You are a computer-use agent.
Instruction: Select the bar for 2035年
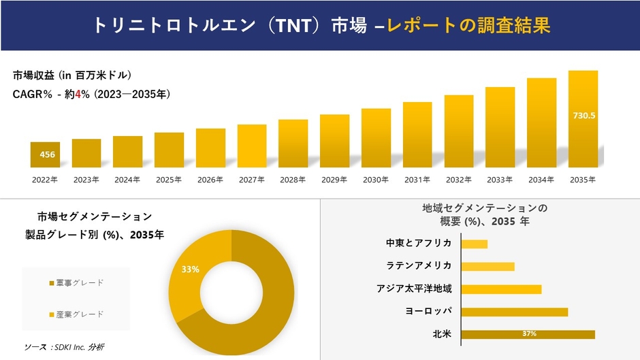(583, 119)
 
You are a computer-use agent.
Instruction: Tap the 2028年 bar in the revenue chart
(293, 144)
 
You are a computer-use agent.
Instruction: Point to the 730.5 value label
(583, 116)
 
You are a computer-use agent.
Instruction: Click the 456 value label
(48, 155)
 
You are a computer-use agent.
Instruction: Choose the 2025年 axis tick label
(169, 180)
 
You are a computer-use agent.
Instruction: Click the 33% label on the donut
(190, 269)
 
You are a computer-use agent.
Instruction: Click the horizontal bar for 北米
(528, 334)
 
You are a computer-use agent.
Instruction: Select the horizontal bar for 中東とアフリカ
(475, 244)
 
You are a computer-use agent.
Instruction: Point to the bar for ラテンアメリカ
(487, 266)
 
